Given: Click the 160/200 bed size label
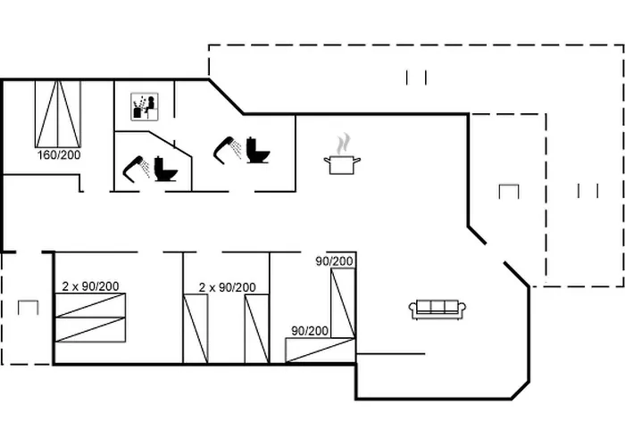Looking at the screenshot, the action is click(59, 154).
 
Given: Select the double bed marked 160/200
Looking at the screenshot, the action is click(58, 114).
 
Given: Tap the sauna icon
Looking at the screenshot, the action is click(145, 107).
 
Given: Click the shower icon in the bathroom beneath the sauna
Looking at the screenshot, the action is click(137, 169).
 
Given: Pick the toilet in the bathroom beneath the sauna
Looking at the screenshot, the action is click(165, 169).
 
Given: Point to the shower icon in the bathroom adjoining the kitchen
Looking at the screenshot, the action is click(227, 150).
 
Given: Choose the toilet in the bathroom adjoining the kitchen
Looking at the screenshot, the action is click(258, 150).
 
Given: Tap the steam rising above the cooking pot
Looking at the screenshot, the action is click(343, 144).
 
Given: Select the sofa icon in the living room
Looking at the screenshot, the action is click(437, 310).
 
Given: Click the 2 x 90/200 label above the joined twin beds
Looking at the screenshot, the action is click(90, 286).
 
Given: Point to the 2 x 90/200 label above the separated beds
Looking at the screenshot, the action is click(227, 287).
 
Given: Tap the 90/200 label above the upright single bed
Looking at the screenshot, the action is click(335, 261).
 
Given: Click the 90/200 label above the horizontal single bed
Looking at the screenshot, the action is click(310, 331).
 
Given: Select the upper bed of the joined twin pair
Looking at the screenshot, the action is click(90, 305).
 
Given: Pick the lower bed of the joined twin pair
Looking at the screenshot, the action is click(90, 330).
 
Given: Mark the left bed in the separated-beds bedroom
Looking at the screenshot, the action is click(196, 329).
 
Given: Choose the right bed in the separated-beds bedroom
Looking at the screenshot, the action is click(257, 329).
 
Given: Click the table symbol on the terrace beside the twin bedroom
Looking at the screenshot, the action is click(29, 308).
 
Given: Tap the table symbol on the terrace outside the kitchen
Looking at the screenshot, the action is click(509, 192).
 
